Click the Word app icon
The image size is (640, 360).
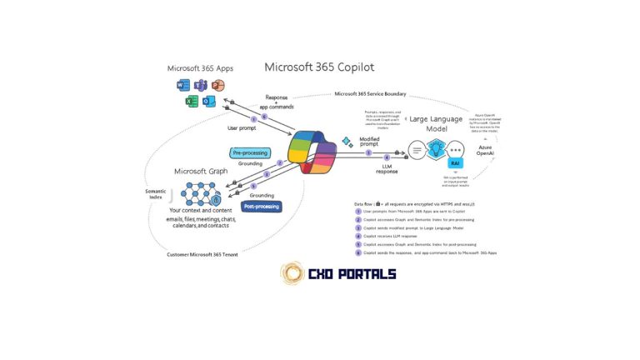(182, 86)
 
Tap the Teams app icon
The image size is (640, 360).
(200, 86)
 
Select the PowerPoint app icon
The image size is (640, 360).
(217, 86)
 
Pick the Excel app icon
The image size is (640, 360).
(191, 102)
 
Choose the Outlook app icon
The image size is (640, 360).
(208, 102)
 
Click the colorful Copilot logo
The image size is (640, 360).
(311, 155)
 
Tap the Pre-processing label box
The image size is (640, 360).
(250, 152)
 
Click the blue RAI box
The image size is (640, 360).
(456, 165)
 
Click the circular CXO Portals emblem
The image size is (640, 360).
(292, 274)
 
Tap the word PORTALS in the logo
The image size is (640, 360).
(362, 274)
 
